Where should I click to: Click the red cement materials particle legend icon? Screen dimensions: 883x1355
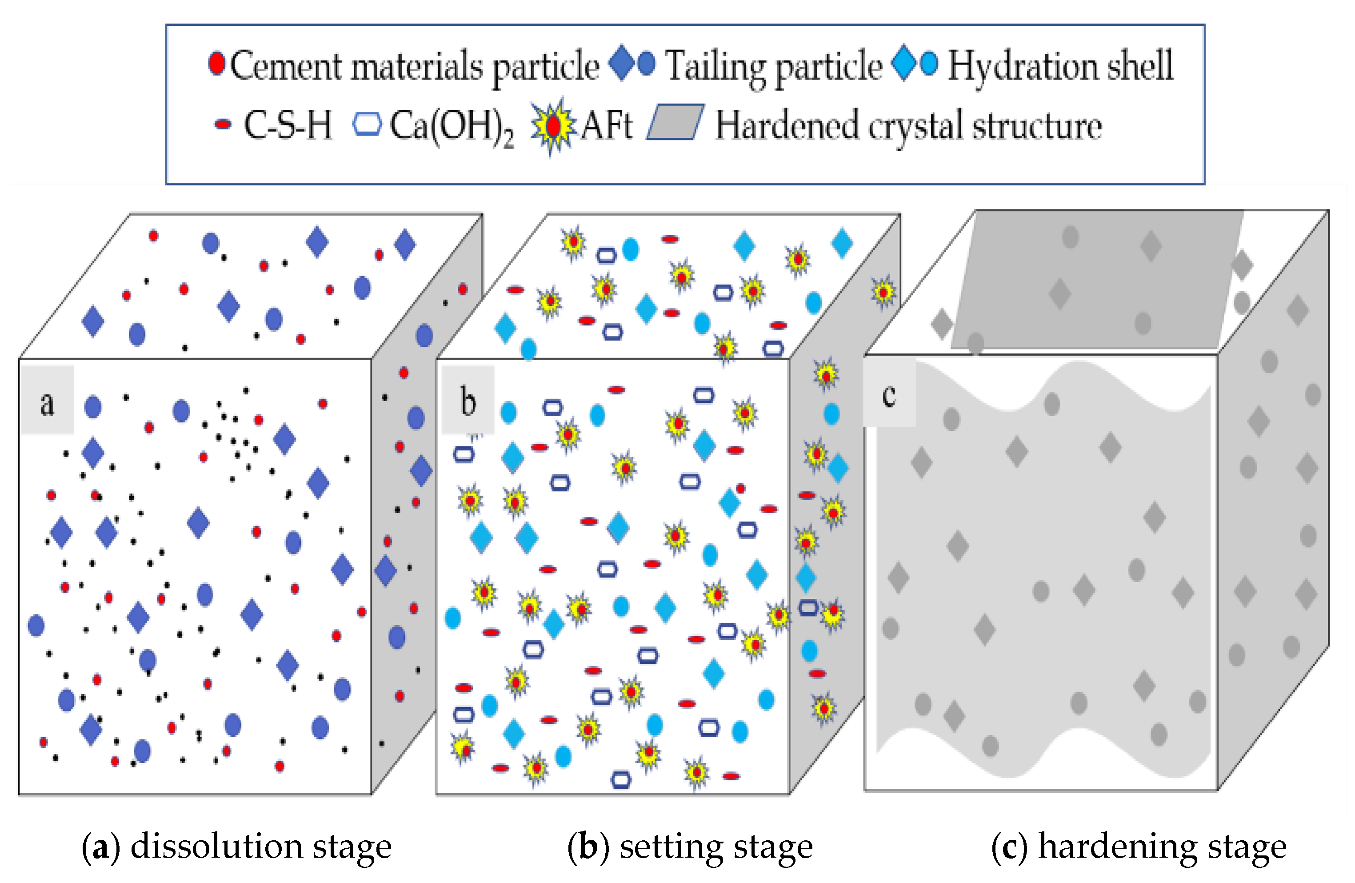pos(216,63)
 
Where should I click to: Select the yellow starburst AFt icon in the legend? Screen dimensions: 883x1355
pos(551,126)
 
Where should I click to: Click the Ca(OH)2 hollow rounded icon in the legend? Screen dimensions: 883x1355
pos(367,124)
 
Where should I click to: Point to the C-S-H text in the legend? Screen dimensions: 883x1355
pos(288,125)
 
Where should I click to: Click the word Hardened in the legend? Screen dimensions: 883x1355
pos(786,125)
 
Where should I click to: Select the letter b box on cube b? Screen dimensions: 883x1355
pos(468,401)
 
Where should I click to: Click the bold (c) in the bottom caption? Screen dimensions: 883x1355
pos(1009,847)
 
